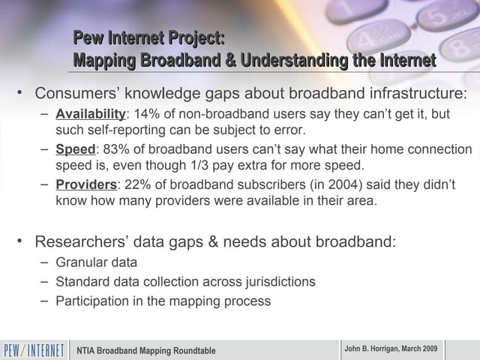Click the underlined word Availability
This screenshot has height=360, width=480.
pos(90,114)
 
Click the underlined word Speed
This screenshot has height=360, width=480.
pos(76,149)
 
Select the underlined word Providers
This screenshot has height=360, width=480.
pos(86,184)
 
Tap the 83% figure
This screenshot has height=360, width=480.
pos(117,149)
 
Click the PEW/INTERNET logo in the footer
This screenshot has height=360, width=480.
pos(34,350)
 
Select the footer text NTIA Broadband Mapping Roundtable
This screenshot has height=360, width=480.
pos(146,350)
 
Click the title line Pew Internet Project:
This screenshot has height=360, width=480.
pos(148,39)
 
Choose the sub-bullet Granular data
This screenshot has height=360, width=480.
pos(96,262)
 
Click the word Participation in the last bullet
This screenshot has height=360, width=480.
pos(93,301)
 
